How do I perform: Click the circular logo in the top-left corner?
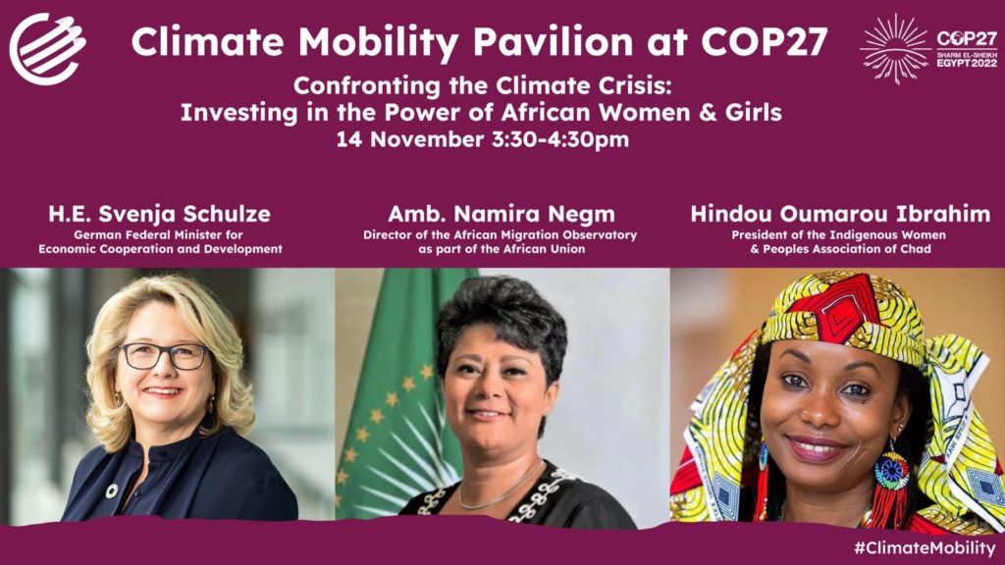(47, 49)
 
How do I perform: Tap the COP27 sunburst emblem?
(895, 49)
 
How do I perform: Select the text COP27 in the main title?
(765, 41)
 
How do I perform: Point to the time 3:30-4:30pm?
(560, 139)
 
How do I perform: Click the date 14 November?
(410, 139)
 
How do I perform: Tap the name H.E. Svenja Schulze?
(160, 214)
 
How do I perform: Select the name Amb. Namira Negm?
(502, 214)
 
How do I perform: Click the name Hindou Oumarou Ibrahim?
(840, 214)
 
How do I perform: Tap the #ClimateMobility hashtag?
(925, 547)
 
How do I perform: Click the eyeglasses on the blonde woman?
(165, 356)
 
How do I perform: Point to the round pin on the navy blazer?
(112, 491)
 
